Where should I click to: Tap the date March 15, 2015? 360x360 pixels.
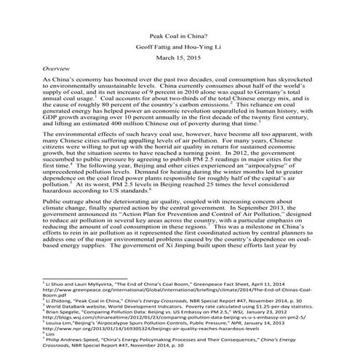tap(180, 58)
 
